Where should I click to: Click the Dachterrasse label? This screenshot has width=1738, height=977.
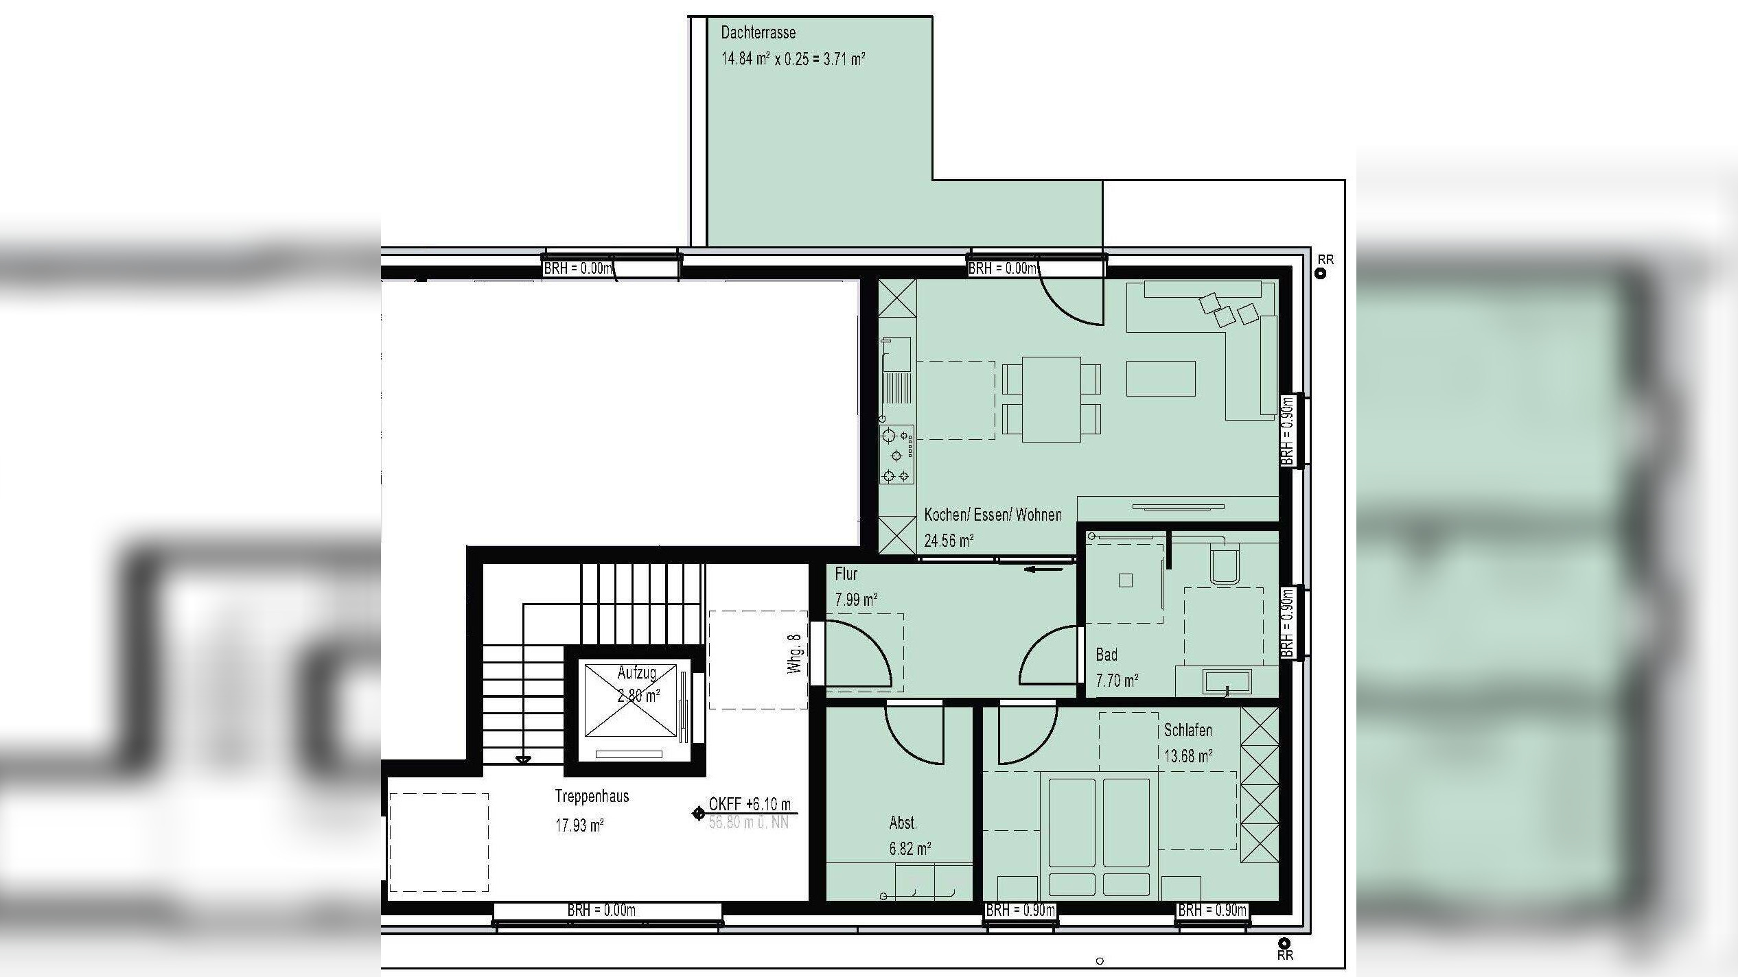point(758,32)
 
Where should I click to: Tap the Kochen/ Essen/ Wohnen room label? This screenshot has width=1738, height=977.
point(993,515)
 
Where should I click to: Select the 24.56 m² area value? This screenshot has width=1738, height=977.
point(949,541)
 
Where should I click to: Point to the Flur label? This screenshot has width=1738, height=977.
point(846,574)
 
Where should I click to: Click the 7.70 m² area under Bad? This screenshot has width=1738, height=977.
point(1117,681)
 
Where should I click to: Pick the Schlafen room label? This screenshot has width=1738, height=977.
point(1187,730)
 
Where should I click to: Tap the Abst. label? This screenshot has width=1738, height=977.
point(903,823)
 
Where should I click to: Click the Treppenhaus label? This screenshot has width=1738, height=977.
point(592,797)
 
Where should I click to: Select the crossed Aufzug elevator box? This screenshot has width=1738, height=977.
point(630,700)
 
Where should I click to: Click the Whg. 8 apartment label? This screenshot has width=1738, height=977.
point(794,654)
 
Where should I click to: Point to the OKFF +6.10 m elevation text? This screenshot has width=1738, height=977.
point(750,804)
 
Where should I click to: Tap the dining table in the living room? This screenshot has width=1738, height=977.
point(1051,399)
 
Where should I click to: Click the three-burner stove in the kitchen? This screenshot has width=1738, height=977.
point(896,454)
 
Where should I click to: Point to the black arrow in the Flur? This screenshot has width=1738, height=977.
point(1044,569)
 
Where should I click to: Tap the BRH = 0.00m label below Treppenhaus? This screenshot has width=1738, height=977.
point(601,910)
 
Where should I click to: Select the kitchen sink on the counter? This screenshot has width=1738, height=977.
point(896,353)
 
